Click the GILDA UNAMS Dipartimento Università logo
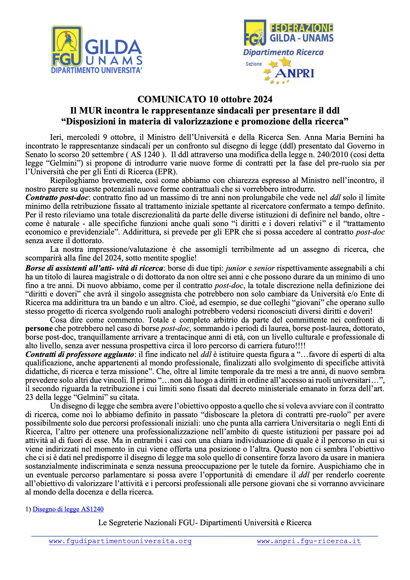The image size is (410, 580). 96,50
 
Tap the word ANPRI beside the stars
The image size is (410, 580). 294,74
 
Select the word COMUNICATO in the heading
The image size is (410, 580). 172,99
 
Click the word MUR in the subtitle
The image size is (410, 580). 90,110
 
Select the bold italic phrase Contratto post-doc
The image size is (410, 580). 57,198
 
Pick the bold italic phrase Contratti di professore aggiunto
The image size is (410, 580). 80,354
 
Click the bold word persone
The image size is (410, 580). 39,329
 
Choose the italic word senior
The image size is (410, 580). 264,268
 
